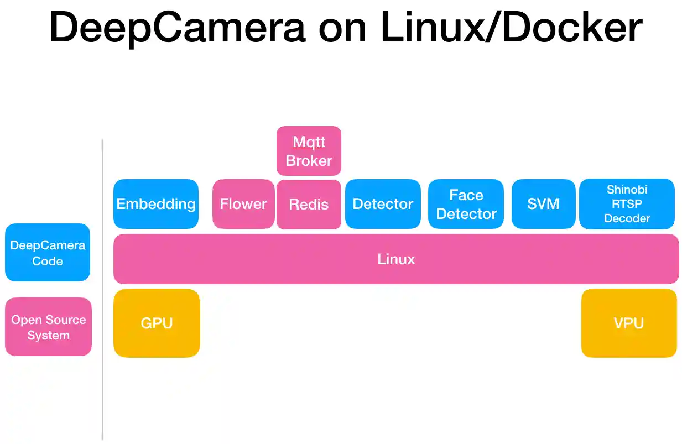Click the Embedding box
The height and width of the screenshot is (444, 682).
click(x=155, y=203)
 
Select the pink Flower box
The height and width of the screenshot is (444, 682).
click(x=243, y=203)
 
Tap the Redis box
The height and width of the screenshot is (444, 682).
click(x=309, y=204)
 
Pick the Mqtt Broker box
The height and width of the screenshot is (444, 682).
click(x=309, y=151)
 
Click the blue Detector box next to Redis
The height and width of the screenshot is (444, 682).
click(x=383, y=203)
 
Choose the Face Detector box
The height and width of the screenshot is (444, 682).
click(x=466, y=203)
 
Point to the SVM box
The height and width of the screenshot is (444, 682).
click(x=543, y=203)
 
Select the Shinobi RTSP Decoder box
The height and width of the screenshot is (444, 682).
click(x=627, y=203)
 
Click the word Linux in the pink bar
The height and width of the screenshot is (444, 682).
click(x=396, y=259)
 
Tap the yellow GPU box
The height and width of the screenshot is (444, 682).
click(x=157, y=323)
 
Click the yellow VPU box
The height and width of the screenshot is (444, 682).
click(x=629, y=323)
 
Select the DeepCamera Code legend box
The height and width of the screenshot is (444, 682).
click(x=48, y=253)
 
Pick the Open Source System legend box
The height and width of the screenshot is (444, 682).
click(x=48, y=327)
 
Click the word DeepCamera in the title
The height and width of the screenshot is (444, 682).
click(x=177, y=28)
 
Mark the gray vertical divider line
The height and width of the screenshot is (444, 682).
click(x=103, y=288)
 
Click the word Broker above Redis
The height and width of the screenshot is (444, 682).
click(x=309, y=161)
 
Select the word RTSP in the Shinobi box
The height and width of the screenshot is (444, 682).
click(x=627, y=204)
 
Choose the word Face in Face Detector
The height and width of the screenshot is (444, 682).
click(x=466, y=195)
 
